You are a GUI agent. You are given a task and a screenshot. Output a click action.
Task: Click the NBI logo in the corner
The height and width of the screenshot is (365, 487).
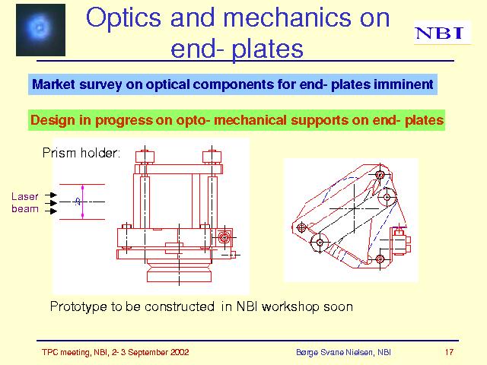click(x=442, y=33)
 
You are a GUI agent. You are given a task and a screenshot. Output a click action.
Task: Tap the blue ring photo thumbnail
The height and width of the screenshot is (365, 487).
click(x=40, y=30)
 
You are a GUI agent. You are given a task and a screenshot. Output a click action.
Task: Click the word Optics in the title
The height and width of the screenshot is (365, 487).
click(x=123, y=18)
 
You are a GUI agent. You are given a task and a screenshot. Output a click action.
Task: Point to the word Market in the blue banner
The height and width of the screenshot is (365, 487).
click(x=53, y=84)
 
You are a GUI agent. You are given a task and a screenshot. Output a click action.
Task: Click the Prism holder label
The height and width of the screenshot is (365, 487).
click(x=81, y=153)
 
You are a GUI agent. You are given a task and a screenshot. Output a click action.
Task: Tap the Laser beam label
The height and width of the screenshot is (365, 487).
click(x=25, y=202)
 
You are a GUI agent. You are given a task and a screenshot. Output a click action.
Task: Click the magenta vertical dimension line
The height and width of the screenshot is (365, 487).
click(x=83, y=202)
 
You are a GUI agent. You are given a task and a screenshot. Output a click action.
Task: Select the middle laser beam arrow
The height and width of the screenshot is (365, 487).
click(x=51, y=203)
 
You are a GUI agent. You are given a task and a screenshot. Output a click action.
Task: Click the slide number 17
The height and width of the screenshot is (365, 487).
click(x=449, y=352)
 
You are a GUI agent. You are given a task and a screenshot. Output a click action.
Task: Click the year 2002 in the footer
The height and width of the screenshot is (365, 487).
click(x=179, y=352)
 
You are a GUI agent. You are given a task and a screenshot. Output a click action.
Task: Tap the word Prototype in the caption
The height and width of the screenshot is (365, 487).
click(x=79, y=306)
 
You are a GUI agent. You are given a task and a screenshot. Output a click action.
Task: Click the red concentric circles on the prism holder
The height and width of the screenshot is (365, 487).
click(x=224, y=237)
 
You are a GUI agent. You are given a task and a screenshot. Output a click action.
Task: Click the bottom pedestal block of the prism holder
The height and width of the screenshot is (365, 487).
click(x=179, y=276)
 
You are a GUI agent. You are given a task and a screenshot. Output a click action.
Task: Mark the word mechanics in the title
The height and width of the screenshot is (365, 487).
click(x=287, y=18)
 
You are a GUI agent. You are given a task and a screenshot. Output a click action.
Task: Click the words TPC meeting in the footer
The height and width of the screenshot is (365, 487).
click(x=66, y=352)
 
